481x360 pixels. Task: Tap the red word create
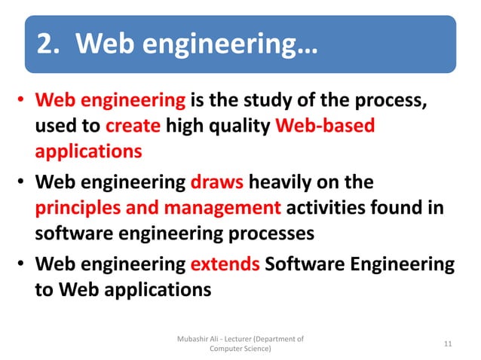pyautogui.click(x=133, y=126)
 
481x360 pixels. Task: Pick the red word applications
pyautogui.click(x=88, y=151)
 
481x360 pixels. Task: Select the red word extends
pyautogui.click(x=222, y=265)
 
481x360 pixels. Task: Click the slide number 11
pyautogui.click(x=449, y=344)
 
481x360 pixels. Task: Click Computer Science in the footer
pyautogui.click(x=240, y=349)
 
